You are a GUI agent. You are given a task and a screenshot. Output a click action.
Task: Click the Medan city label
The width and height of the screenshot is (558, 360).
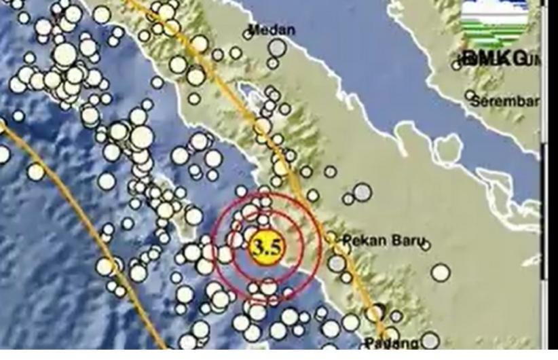click(272, 29)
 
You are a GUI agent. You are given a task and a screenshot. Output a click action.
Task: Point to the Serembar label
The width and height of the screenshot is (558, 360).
click(506, 102)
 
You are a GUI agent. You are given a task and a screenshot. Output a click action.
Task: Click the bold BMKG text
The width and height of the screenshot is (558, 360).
click(494, 58)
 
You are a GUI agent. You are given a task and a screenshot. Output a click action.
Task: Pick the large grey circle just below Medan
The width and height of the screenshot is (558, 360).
click(276, 48)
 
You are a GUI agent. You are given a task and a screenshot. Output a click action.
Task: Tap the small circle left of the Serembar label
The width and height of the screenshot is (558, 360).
click(470, 96)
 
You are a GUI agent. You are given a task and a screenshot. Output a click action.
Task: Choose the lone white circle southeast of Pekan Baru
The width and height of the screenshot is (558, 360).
click(440, 273)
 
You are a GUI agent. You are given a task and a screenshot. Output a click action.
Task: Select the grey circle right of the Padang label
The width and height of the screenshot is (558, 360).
click(429, 340)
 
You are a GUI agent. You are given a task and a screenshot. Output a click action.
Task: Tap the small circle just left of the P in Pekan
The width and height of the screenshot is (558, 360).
click(331, 238)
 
